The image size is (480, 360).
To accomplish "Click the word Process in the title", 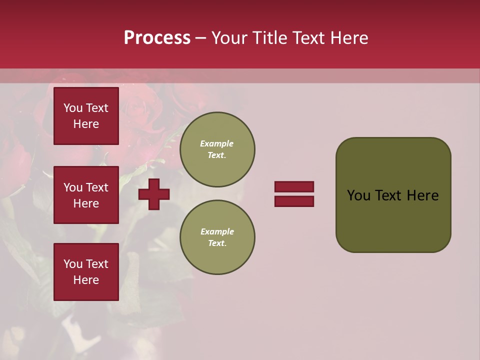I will (157, 38).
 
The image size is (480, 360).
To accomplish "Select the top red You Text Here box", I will (86, 116).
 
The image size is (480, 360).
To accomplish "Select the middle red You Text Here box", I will (86, 195).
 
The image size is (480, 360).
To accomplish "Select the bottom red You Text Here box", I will (86, 272).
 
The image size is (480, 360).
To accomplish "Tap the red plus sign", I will (154, 194).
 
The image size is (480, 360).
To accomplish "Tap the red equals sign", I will (294, 194).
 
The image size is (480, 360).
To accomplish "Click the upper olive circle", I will (217, 149).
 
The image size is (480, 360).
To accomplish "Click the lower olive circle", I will (217, 237).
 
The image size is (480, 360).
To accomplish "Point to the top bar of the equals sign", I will (294, 187).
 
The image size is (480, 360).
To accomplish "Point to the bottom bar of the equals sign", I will (294, 201).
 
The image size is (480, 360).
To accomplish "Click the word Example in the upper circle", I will (217, 144).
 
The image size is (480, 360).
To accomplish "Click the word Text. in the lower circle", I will (217, 243).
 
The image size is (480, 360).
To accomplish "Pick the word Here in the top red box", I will (86, 124).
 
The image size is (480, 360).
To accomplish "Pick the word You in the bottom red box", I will (73, 264).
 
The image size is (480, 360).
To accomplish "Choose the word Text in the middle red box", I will (96, 187).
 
